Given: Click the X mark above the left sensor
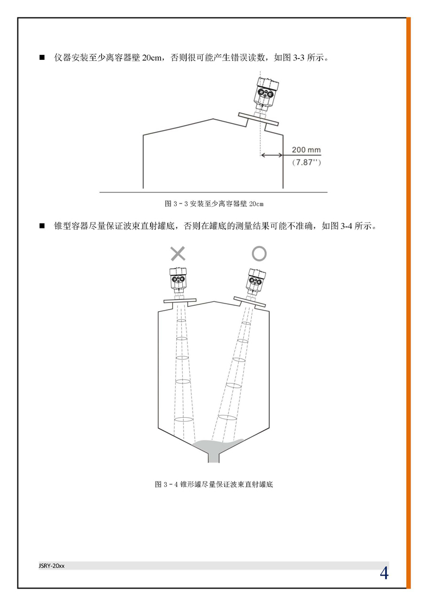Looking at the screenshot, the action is click(x=178, y=253).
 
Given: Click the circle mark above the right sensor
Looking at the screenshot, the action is click(x=259, y=254).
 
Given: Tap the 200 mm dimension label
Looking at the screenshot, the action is click(x=306, y=150).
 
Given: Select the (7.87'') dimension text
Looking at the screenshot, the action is click(x=306, y=162).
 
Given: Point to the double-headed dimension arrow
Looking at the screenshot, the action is click(x=272, y=156).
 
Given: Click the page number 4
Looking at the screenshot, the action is click(x=384, y=573).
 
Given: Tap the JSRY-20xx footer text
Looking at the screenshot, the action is click(x=51, y=566).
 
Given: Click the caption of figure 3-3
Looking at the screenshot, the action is click(x=214, y=203).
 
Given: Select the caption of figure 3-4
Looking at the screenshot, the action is click(x=214, y=484).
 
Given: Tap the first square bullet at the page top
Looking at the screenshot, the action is click(x=42, y=58).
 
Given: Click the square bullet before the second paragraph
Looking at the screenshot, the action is click(x=42, y=226).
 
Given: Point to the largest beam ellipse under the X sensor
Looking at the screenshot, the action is click(x=183, y=419).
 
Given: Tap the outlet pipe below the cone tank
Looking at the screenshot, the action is click(x=214, y=457).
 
